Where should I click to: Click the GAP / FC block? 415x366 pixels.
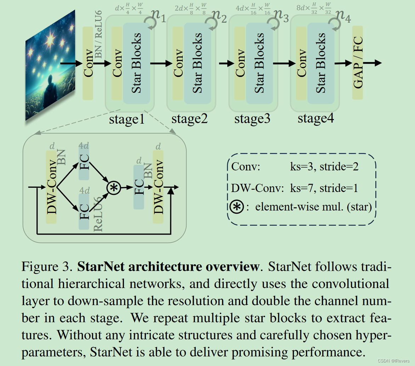[x=358, y=63]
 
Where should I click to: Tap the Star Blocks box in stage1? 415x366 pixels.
[x=137, y=63]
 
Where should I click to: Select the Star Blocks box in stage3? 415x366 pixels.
[x=260, y=63]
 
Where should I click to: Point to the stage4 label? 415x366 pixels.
[x=315, y=118]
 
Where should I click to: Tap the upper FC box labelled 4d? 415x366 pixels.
[x=84, y=162]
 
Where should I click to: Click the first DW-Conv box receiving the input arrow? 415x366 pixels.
[x=51, y=187]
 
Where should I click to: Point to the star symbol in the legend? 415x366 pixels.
[x=237, y=207]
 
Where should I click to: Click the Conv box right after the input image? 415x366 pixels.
[x=88, y=63]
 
